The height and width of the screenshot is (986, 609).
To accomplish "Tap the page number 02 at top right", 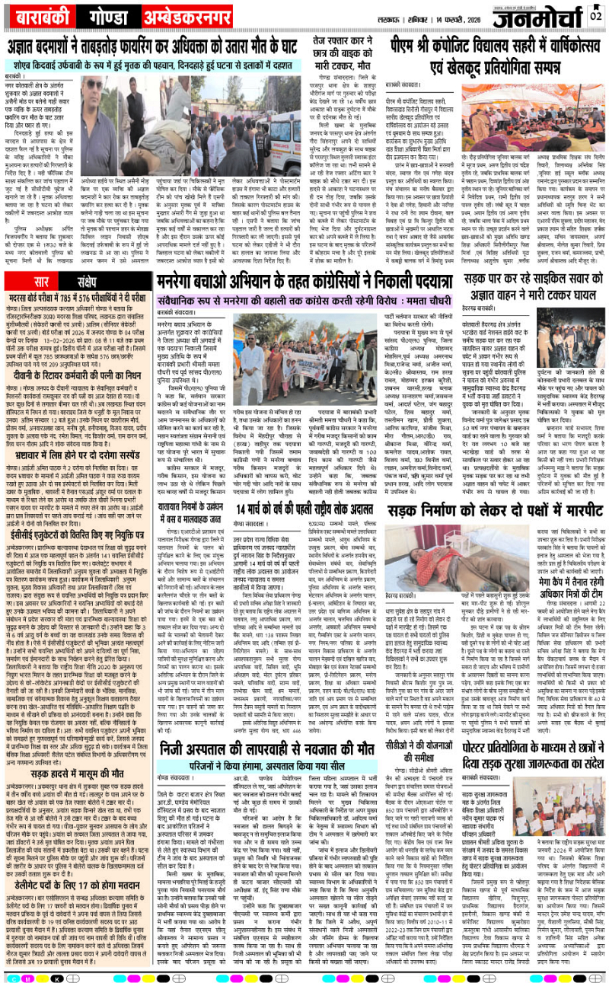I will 596,14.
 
